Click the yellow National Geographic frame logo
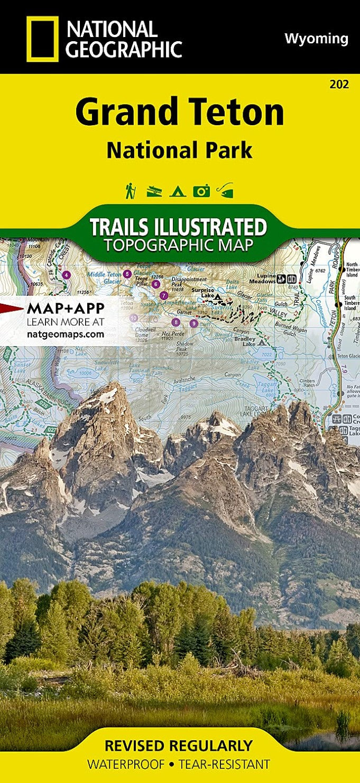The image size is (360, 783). click(42, 39)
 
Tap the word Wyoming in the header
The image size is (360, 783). click(316, 39)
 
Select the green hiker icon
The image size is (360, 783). click(130, 191)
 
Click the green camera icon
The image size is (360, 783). click(201, 191)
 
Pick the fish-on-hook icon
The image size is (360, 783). click(226, 190)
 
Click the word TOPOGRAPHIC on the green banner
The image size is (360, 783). click(178, 245)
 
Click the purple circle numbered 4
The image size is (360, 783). click(66, 275)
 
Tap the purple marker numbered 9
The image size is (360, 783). click(193, 323)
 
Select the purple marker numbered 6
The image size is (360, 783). click(155, 284)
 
